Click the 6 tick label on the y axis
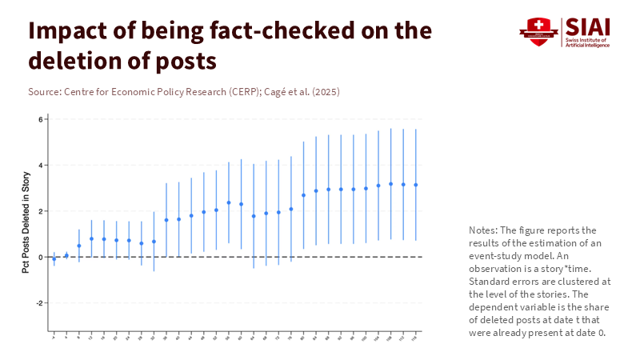click(x=39, y=120)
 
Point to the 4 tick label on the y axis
click(x=39, y=166)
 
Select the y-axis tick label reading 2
click(x=39, y=211)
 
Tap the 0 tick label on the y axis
click(x=39, y=258)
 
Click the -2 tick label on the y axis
click(x=38, y=303)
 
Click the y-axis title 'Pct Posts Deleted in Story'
click(x=26, y=222)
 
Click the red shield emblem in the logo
click(x=538, y=31)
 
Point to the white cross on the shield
click(x=538, y=26)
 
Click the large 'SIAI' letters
click(x=588, y=26)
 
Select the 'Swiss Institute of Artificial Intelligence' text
click(x=588, y=42)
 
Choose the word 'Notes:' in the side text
click(x=483, y=230)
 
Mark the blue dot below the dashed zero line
click(x=54, y=259)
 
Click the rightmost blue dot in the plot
click(x=416, y=185)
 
